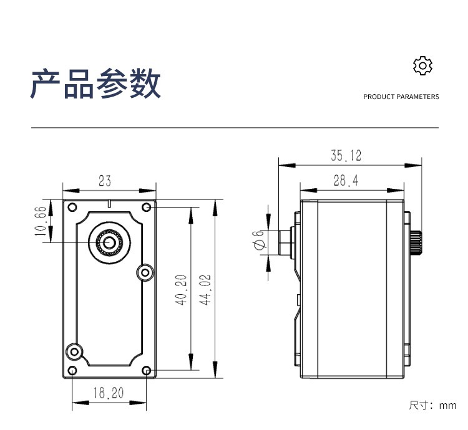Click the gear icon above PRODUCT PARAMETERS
click(x=422, y=65)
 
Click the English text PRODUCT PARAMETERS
click(x=401, y=97)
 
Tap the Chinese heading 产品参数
click(x=95, y=84)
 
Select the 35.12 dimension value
click(x=346, y=156)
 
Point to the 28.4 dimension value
click(x=346, y=181)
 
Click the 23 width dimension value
click(x=105, y=181)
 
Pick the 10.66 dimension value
click(x=41, y=221)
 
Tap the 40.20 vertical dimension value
click(x=181, y=290)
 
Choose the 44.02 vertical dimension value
click(x=205, y=290)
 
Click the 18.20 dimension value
click(x=109, y=393)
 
